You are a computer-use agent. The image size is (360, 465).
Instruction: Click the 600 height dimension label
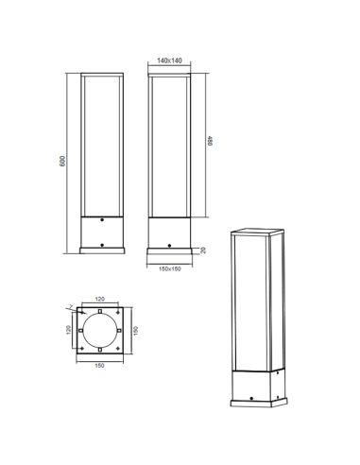[63, 162]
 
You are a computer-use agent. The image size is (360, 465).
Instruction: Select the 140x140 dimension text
[170, 61]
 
